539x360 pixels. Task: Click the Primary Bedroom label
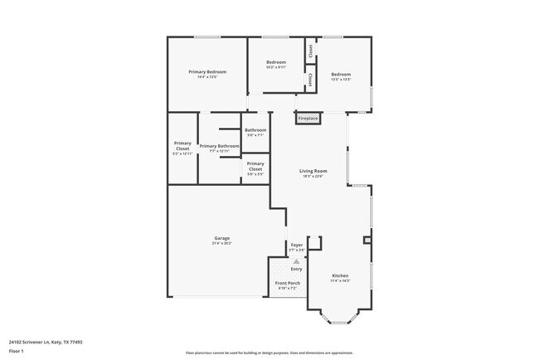point(207,72)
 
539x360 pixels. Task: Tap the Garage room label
point(221,238)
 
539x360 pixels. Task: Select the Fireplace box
point(308,119)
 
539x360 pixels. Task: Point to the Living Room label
point(313,171)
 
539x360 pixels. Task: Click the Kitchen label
point(341,275)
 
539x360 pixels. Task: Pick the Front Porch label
point(287,283)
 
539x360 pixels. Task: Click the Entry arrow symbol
point(296,260)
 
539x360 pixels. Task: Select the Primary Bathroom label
point(219,146)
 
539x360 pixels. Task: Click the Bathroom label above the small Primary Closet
point(255,129)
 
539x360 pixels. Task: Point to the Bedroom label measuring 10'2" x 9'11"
point(276,62)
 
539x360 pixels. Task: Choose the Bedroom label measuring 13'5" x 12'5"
point(342,75)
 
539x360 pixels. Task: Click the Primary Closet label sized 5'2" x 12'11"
point(182,145)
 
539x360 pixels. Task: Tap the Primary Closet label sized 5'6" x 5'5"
point(255,165)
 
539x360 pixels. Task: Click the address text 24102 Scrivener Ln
point(45,341)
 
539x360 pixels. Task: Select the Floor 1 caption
point(17,352)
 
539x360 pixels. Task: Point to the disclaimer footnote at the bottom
point(269,352)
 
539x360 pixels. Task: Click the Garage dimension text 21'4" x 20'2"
point(221,243)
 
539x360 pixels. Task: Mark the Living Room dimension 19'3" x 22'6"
point(313,176)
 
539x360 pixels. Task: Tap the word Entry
point(296,269)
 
